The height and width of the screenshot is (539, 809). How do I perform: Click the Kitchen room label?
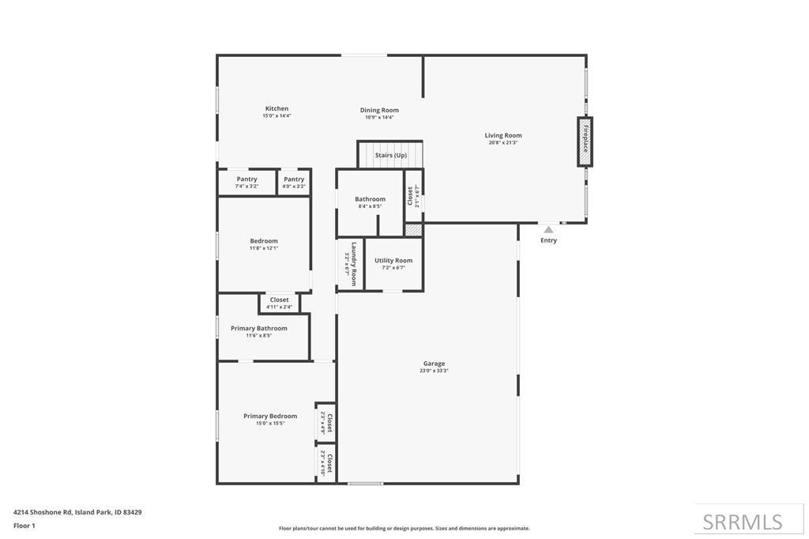tap(277, 108)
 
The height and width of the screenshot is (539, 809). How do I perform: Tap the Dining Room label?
tap(379, 110)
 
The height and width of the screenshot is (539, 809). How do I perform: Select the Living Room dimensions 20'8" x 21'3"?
tap(503, 143)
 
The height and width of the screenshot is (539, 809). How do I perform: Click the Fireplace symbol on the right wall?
tap(585, 141)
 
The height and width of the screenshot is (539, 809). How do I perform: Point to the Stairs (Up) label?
tap(390, 156)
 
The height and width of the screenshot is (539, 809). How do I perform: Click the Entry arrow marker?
tap(548, 230)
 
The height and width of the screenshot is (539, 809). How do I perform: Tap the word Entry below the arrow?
tap(548, 240)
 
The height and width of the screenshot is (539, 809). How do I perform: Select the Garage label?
tap(434, 364)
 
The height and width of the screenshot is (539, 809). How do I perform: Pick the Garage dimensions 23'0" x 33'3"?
tap(434, 371)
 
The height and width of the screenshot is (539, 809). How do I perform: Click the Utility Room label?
tap(393, 261)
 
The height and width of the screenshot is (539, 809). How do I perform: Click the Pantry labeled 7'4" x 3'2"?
tap(246, 179)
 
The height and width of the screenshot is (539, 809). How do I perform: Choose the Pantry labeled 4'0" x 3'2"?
tap(294, 179)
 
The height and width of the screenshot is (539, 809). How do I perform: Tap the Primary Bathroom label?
tap(258, 328)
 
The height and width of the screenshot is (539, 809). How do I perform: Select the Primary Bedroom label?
tap(270, 416)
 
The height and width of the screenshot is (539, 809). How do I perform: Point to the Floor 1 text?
tap(24, 526)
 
